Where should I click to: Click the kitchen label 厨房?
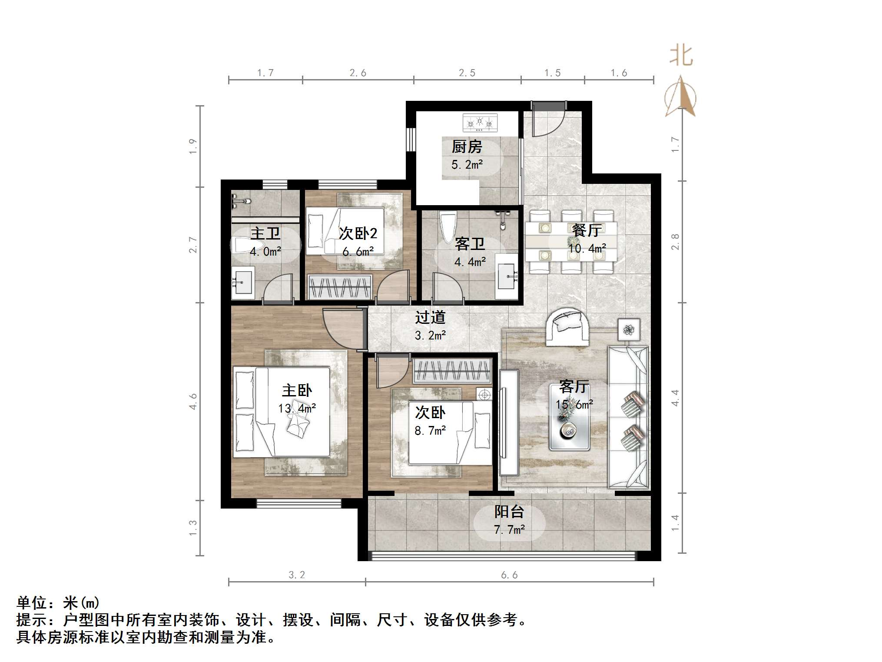pyautogui.click(x=467, y=146)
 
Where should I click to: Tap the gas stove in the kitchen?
pyautogui.click(x=480, y=123)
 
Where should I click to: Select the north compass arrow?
pyautogui.click(x=680, y=97)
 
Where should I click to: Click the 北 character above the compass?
pyautogui.click(x=681, y=57)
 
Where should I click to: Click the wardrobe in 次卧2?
pyautogui.click(x=340, y=287)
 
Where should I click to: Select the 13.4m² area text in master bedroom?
pyautogui.click(x=297, y=409)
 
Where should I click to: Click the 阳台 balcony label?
pyautogui.click(x=509, y=512)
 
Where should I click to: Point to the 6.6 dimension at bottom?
pyautogui.click(x=509, y=575)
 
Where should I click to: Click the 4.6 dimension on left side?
pyautogui.click(x=193, y=401)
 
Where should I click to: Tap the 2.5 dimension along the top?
pyautogui.click(x=467, y=73)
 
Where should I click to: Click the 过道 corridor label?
pyautogui.click(x=430, y=317)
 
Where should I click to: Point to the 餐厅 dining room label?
pyautogui.click(x=587, y=230)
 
